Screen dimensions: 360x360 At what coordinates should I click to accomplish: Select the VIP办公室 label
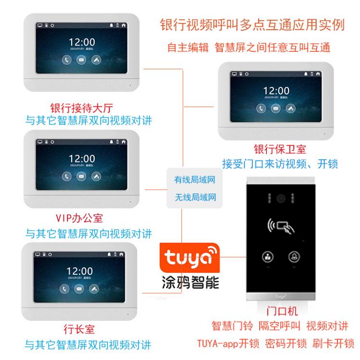(x=79, y=218)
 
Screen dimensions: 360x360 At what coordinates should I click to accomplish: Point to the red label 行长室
(x=79, y=329)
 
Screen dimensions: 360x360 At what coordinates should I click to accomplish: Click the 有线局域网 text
(x=195, y=179)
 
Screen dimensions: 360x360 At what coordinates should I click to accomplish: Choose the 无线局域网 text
(x=195, y=196)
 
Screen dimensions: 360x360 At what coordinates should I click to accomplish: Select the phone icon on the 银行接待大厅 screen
(x=66, y=60)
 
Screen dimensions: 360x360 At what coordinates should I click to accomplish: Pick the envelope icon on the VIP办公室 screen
(x=82, y=176)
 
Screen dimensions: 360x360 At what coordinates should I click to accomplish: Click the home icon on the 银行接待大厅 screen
(x=124, y=25)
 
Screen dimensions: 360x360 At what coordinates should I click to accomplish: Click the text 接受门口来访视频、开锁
(x=279, y=164)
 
